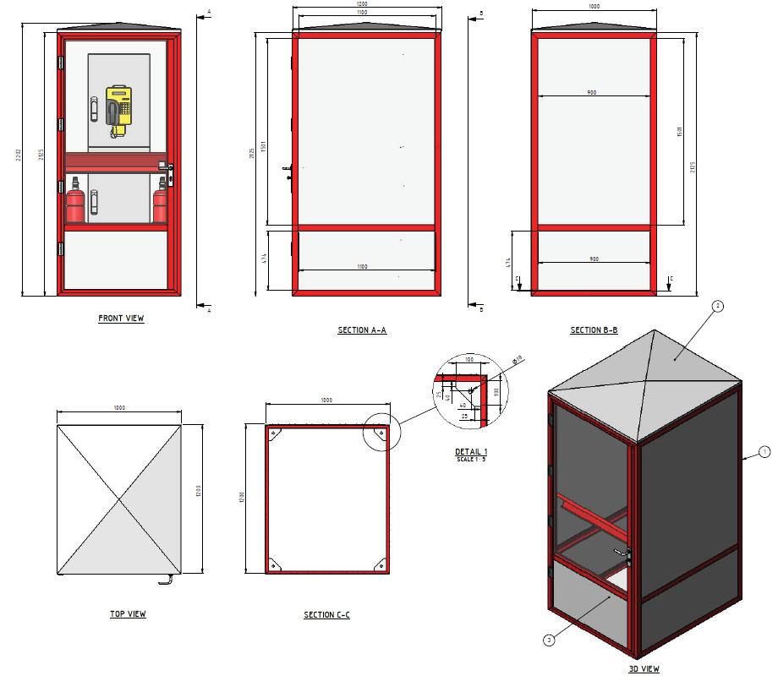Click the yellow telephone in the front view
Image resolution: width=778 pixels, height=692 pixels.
coord(120,107)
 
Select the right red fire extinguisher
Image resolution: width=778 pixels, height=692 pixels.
coord(159,205)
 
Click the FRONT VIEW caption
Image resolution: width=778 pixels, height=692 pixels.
coord(121,319)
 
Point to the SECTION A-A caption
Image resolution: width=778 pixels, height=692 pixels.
coord(362,330)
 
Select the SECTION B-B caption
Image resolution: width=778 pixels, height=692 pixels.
coord(594,330)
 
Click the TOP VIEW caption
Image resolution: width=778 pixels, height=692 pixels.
coord(128,614)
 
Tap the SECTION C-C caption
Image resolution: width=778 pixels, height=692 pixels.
coord(326,615)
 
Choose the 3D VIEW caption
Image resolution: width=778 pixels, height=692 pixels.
coord(644,669)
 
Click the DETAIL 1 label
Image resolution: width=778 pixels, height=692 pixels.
coord(471,452)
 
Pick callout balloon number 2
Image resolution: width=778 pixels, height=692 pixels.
coord(718,308)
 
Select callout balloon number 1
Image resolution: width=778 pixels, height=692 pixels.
coord(764,452)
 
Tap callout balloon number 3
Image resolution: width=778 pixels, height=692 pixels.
coord(550,640)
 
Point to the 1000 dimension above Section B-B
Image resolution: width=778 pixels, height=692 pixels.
coord(594,7)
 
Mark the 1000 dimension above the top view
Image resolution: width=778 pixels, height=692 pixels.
coord(119,409)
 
